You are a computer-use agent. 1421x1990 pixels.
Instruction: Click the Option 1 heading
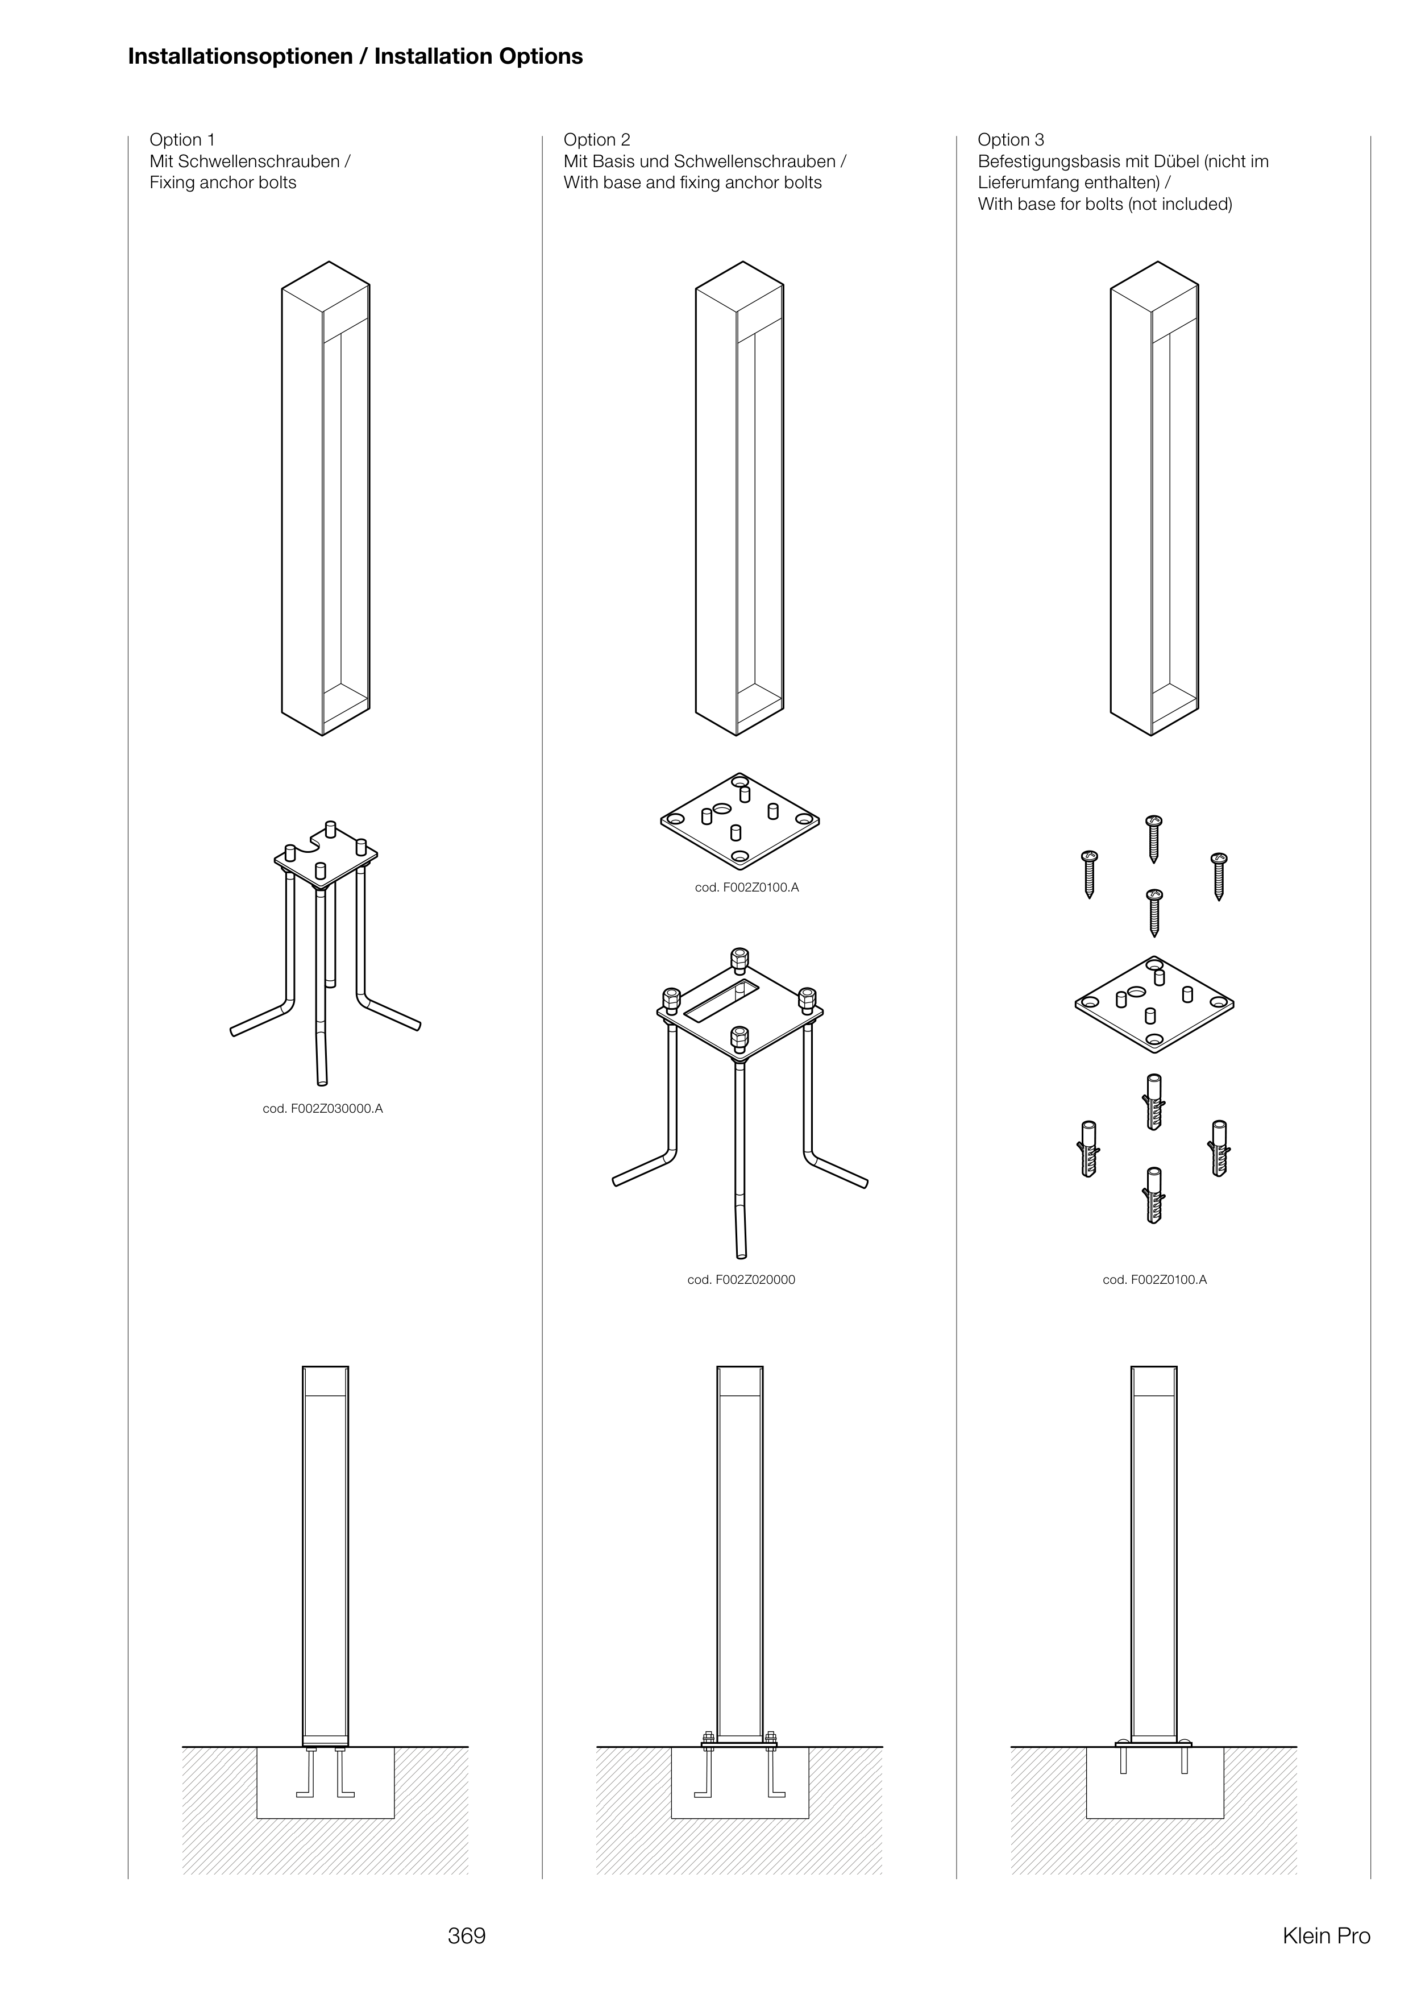pos(182,140)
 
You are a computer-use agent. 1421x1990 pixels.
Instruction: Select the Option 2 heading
pos(597,140)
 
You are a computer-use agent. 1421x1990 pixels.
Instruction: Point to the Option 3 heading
pos(1011,140)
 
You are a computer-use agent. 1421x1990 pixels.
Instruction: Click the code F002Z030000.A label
pos(323,1109)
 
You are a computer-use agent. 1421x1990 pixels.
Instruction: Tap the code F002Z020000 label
pos(741,1279)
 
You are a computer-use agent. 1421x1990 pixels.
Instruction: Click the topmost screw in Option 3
pos(1154,838)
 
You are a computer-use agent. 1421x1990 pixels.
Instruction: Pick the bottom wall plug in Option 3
pos(1154,1195)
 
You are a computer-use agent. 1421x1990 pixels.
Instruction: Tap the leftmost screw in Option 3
pos(1090,873)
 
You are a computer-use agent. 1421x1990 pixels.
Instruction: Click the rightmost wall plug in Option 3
pos(1219,1148)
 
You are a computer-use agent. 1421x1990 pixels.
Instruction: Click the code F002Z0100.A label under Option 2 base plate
pos(746,888)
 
